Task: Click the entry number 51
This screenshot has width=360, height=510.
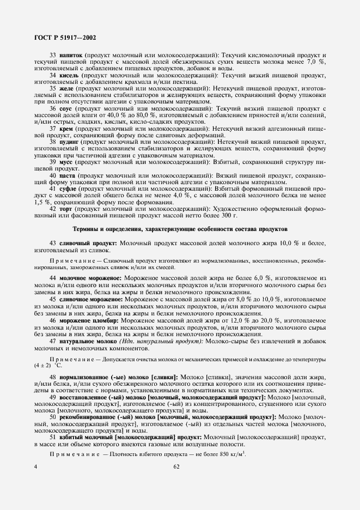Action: [53, 438]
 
